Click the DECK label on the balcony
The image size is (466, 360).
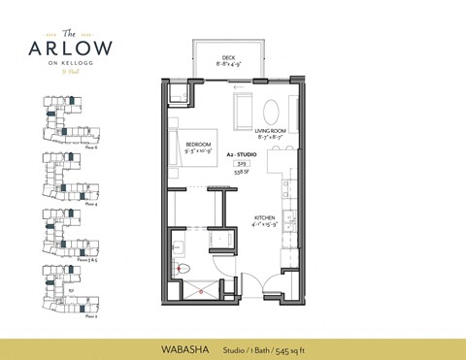[229, 57]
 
